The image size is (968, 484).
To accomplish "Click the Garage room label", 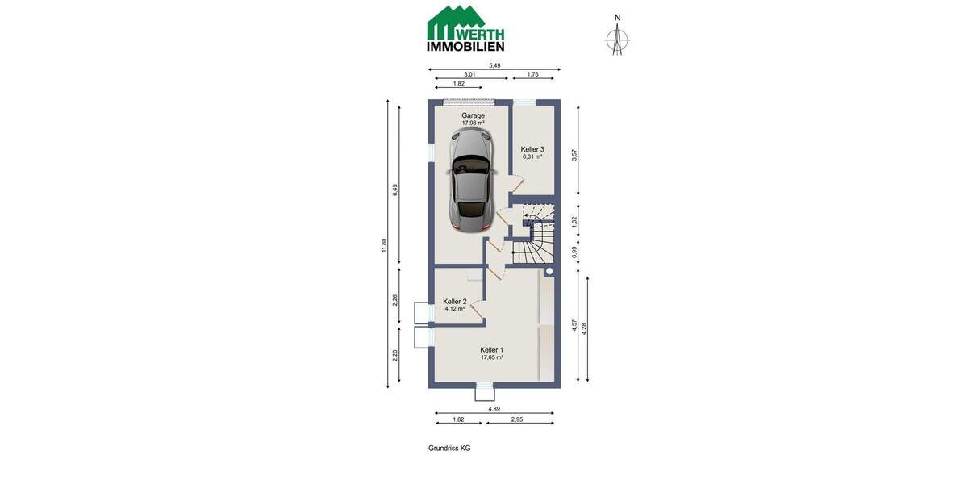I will pos(474,115).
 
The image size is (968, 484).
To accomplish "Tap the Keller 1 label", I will pos(492,349).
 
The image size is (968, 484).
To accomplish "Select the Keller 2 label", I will pos(455,301).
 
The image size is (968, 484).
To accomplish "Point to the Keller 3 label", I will pos(532,149).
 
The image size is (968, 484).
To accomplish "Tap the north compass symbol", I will pos(618,36).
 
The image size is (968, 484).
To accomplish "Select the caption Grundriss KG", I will pos(449,449).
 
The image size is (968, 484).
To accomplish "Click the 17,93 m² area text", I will pos(474,123).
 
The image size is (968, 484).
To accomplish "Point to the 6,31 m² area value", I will pos(532,157).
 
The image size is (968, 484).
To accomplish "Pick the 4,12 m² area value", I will pos(455,308).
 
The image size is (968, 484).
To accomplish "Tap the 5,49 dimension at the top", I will pos(494,65).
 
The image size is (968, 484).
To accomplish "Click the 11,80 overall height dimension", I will pos(384,244).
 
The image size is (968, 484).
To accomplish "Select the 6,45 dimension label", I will pos(395,190).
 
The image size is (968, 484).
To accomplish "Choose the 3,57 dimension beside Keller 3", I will pos(574,154).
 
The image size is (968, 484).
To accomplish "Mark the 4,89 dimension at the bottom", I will pos(494,409).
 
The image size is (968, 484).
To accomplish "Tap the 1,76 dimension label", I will pos(532,74).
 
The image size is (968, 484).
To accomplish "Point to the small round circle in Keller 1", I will pos(549,273).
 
